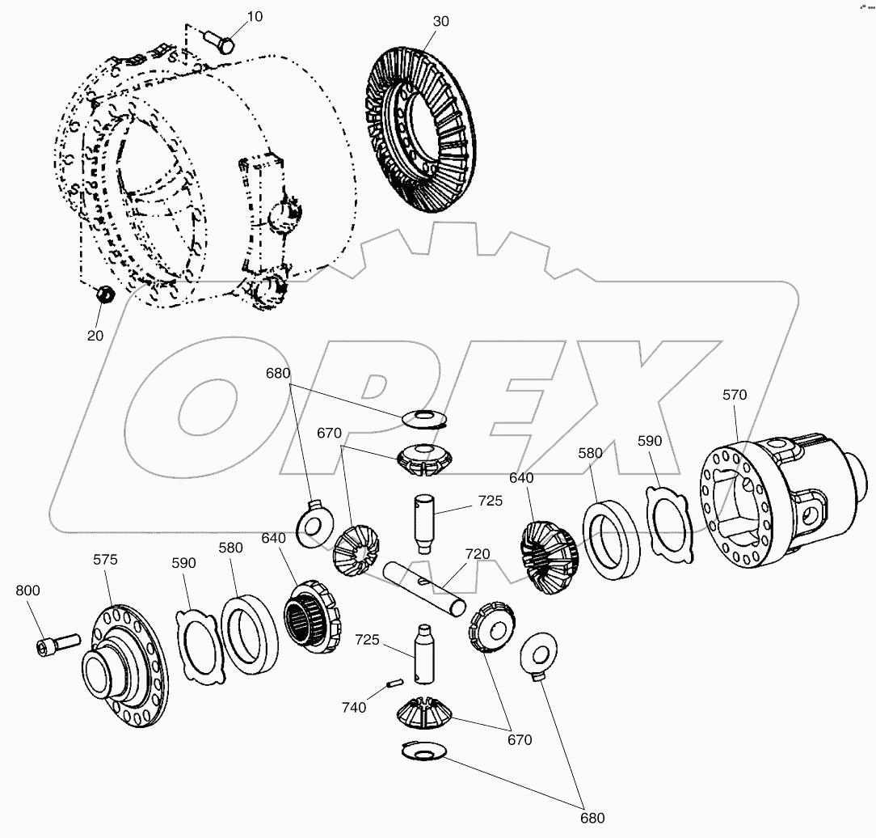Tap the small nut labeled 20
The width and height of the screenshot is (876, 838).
pos(103,296)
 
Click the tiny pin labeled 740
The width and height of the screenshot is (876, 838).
pos(392,684)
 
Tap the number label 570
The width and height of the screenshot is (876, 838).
pos(735,395)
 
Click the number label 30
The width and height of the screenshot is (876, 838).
pos(440,22)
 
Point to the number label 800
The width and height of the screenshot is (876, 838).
pos(27,590)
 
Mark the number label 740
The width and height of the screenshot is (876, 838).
pos(353,707)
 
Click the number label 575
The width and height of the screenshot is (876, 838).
pos(105,559)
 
